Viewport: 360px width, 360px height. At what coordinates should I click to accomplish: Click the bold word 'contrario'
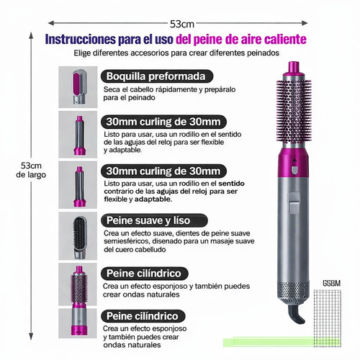pos(123,192)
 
